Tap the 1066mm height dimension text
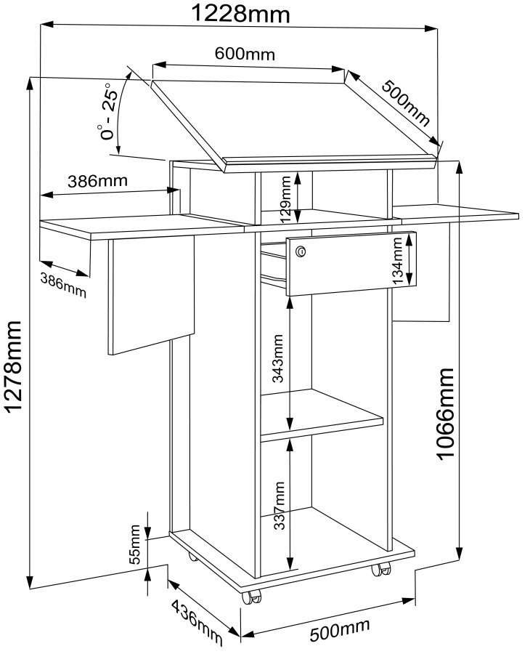(x=445, y=414)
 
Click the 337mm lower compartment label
(x=278, y=506)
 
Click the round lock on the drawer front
(x=301, y=251)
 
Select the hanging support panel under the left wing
(x=151, y=294)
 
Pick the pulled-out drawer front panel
(x=348, y=265)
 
